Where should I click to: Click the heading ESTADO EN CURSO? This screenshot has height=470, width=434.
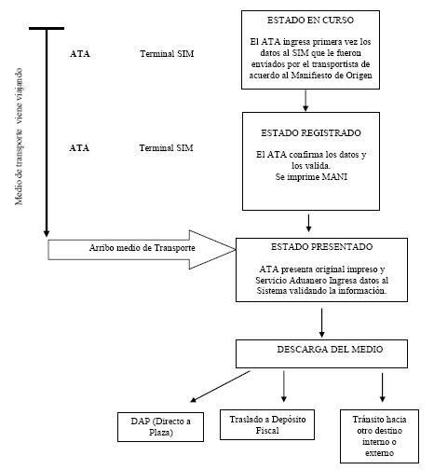point(310,21)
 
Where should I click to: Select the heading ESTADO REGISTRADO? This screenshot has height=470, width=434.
point(311,133)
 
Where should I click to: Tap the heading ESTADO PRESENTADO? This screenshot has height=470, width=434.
point(321,247)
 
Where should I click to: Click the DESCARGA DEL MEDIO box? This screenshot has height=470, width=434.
point(321,353)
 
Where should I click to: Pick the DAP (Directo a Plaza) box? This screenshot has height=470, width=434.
point(160,427)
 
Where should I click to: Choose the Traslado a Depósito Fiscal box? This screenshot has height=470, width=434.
point(267,424)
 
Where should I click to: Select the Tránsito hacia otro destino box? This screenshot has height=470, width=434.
point(379,436)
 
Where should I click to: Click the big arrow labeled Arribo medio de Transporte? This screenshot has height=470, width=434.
point(142,250)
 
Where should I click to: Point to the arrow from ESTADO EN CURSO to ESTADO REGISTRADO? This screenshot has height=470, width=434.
point(305,101)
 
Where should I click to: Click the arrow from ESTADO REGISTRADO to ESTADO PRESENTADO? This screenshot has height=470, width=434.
point(308,223)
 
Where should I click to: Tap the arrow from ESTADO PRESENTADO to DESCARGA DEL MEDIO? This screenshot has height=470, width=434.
point(321,323)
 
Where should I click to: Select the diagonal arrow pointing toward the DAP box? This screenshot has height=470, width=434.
point(220,386)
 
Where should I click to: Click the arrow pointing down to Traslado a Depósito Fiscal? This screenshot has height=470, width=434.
point(284,386)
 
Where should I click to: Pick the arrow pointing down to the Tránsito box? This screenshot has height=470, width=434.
point(383,387)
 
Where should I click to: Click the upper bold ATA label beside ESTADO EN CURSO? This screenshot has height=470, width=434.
point(80,54)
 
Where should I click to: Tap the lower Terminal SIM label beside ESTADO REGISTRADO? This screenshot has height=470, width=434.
point(166,148)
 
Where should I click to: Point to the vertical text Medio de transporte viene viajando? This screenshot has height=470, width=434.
point(19,136)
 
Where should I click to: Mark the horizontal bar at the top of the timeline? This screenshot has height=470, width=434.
point(47,28)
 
